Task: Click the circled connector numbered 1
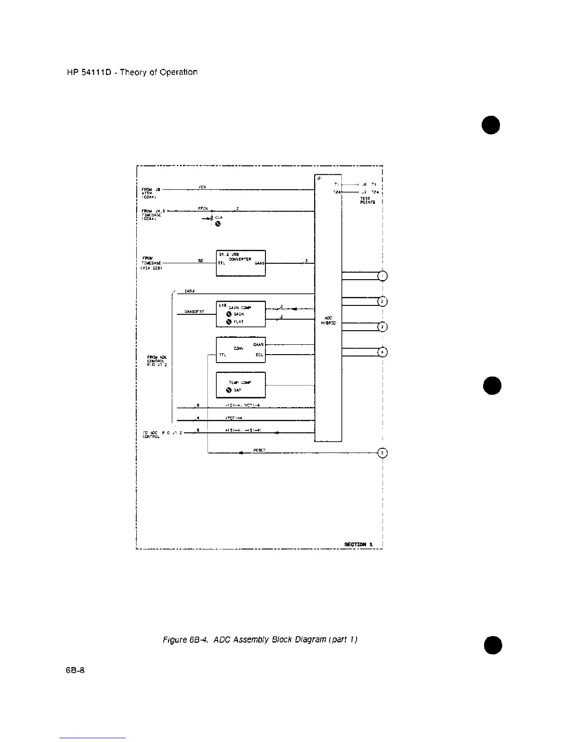[383, 276]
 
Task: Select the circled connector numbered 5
[383, 453]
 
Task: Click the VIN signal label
[202, 187]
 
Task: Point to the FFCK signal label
[203, 208]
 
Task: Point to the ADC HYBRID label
[328, 320]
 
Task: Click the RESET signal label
[259, 450]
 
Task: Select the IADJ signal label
[190, 291]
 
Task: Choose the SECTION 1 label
[359, 544]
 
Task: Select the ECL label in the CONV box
[259, 355]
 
